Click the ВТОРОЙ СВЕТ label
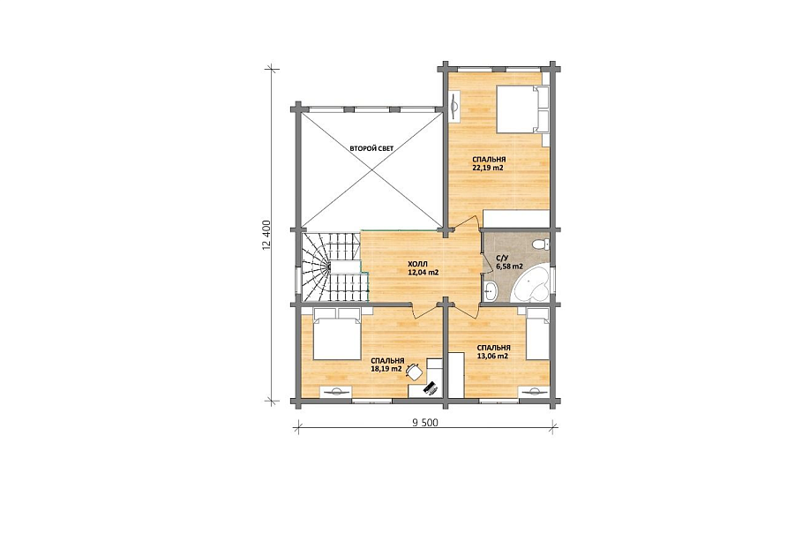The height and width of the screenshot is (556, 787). (371, 148)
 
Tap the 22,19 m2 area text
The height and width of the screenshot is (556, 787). (488, 169)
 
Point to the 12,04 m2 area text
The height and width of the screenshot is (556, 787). (423, 273)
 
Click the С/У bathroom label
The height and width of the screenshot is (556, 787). (501, 259)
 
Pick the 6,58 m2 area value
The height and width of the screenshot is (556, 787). (509, 267)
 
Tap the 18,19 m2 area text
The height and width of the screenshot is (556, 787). (386, 369)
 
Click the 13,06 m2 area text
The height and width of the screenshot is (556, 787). (493, 356)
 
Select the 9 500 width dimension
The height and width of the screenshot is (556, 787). (425, 423)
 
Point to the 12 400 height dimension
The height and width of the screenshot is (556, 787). (266, 234)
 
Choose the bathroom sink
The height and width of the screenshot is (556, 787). (490, 291)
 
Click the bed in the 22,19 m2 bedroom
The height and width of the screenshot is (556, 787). (523, 109)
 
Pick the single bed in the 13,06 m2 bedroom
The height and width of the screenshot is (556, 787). (537, 334)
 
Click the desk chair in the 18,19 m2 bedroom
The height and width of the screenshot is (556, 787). (415, 372)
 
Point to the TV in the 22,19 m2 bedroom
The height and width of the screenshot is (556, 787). (455, 106)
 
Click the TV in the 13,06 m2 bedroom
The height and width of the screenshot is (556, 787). (534, 392)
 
